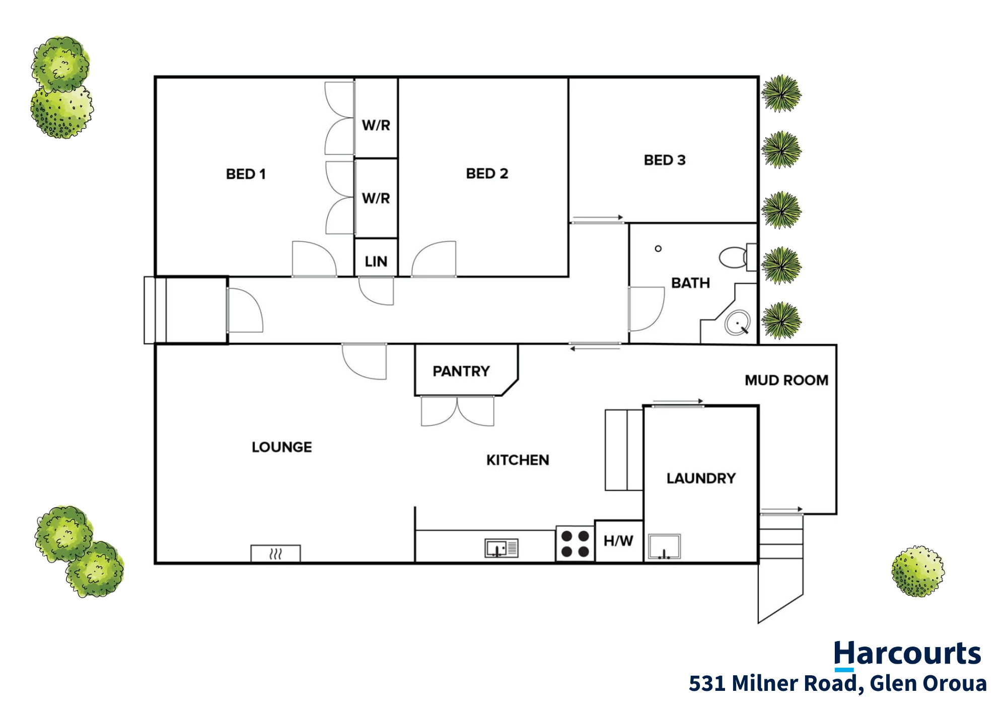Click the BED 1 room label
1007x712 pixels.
[246, 174]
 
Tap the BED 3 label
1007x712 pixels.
[665, 160]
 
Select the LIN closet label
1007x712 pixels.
[376, 262]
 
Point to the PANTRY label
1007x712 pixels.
[461, 372]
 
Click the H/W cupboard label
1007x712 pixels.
[618, 541]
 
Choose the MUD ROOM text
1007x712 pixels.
[786, 380]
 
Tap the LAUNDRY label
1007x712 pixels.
[701, 478]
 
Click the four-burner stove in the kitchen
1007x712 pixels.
[575, 544]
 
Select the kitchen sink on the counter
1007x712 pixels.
[501, 548]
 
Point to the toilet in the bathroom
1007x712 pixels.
[737, 257]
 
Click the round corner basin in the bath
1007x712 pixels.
[738, 322]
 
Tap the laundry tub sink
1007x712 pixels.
[664, 547]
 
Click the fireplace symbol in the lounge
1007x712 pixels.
[275, 553]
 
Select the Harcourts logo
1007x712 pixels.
[907, 655]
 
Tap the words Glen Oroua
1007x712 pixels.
[928, 684]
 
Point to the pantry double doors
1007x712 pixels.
[458, 411]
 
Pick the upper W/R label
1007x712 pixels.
[376, 125]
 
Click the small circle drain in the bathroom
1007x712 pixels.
[658, 249]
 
